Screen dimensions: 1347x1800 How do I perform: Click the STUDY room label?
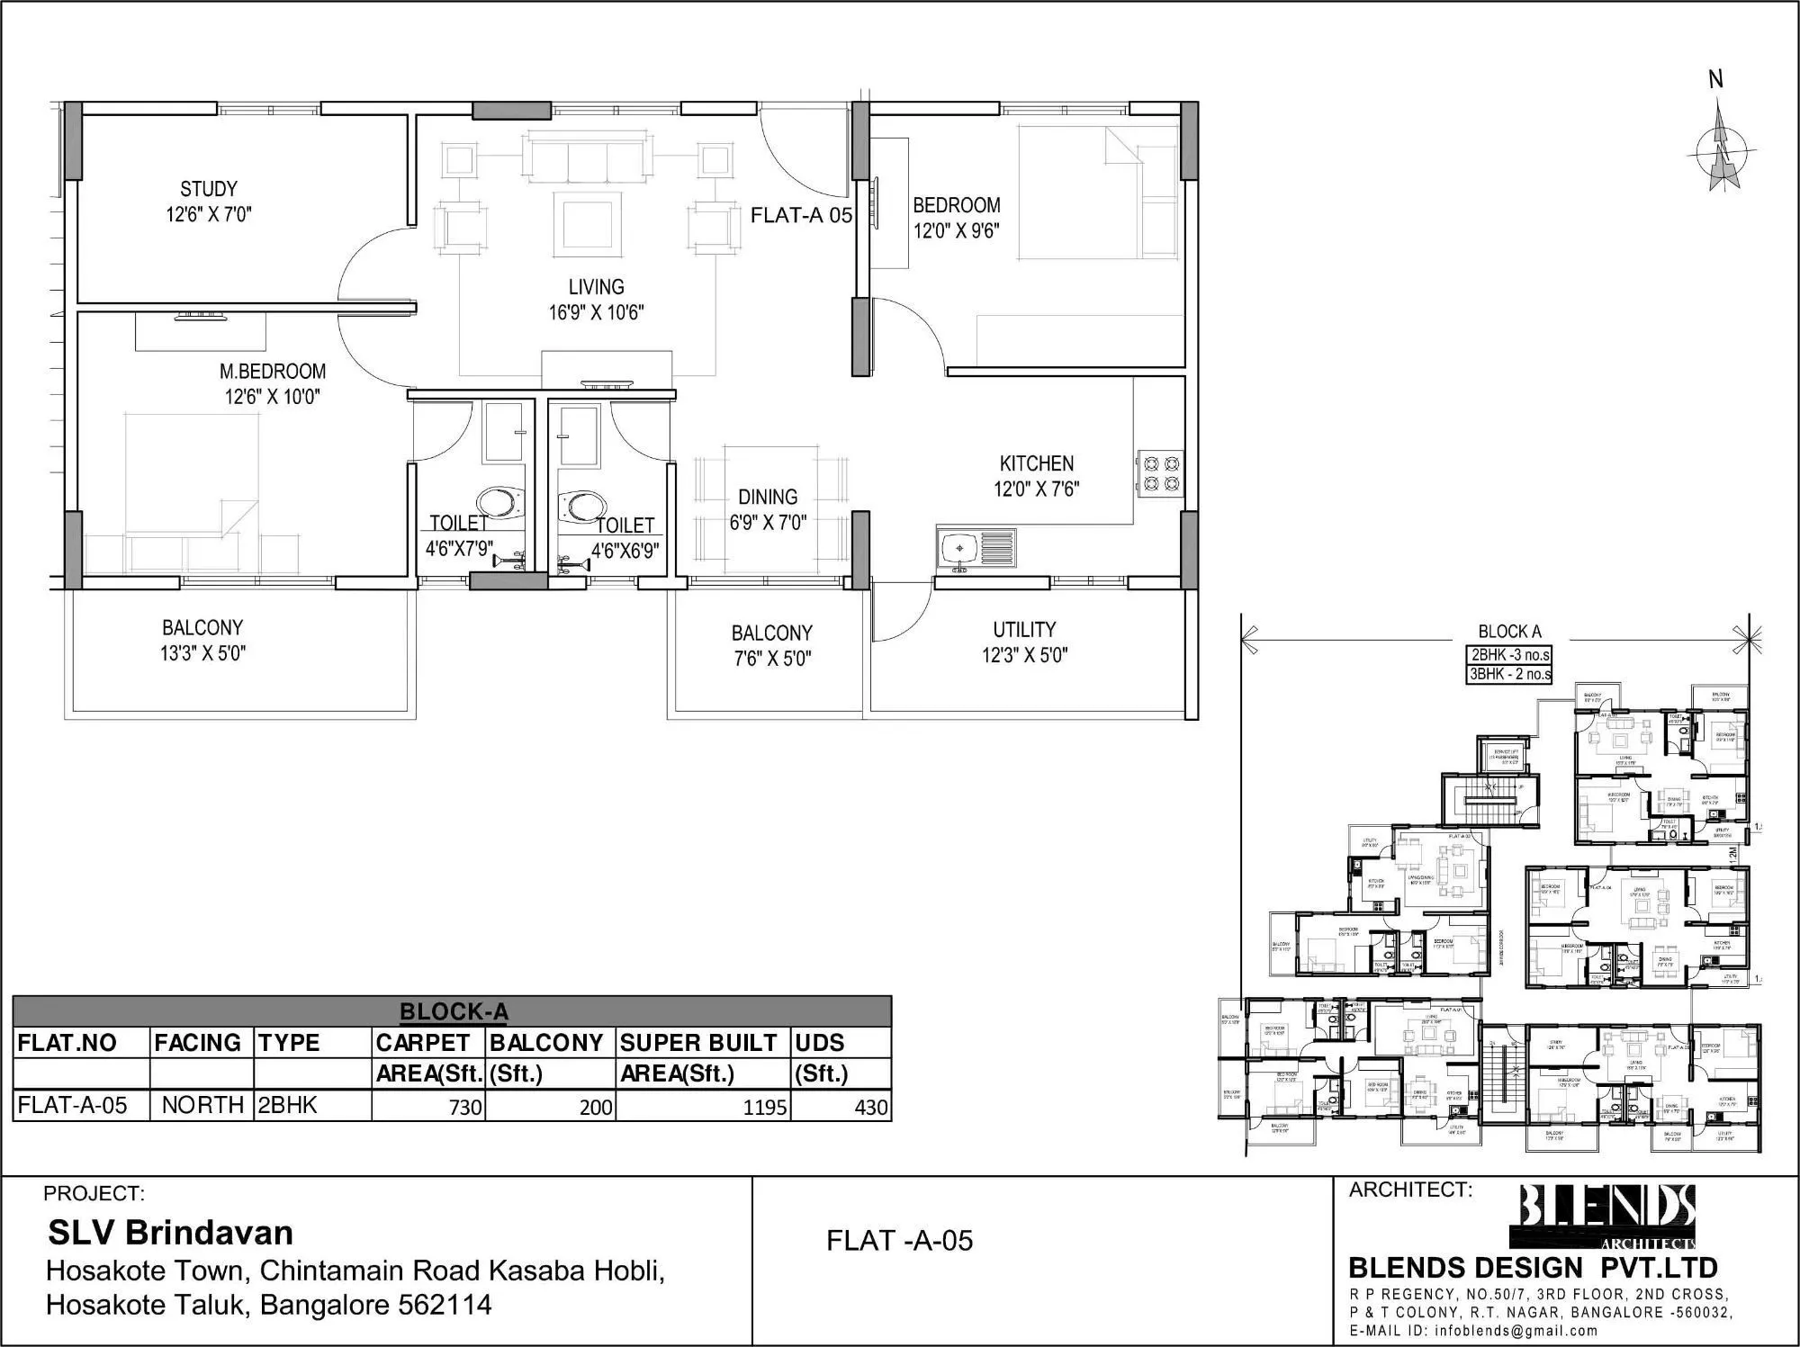click(x=209, y=189)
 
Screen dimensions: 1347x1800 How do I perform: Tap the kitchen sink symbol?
click(x=960, y=549)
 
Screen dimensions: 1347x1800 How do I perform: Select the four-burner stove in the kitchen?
click(x=1160, y=474)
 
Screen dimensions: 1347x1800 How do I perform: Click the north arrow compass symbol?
click(x=1723, y=149)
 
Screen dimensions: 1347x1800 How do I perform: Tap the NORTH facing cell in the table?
click(x=202, y=1105)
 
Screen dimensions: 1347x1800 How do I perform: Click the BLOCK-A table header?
click(x=453, y=1011)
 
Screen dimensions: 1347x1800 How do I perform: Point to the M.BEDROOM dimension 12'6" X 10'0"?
click(x=272, y=397)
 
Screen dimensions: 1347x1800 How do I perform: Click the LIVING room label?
click(x=596, y=287)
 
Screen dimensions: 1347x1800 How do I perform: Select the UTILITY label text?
click(x=1024, y=630)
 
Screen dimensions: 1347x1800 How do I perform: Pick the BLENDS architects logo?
click(x=1607, y=1217)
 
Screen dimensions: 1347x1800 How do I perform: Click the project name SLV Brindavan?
click(x=170, y=1232)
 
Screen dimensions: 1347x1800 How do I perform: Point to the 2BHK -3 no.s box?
click(x=1509, y=655)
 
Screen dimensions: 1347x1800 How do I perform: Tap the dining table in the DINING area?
click(x=771, y=508)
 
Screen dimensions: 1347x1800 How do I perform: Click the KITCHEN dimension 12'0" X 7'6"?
click(x=1036, y=489)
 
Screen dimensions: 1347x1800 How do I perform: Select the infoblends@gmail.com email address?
click(x=1516, y=1331)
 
